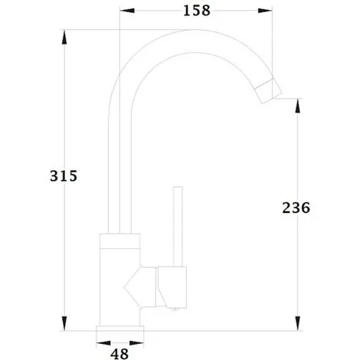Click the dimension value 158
click(x=197, y=11)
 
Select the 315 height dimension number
click(x=64, y=176)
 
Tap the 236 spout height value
click(x=296, y=208)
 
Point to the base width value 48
click(x=119, y=354)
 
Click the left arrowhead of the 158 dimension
click(x=127, y=11)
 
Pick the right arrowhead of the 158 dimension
click(x=265, y=11)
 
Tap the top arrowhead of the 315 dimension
click(x=64, y=38)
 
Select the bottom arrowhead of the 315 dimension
click(x=64, y=323)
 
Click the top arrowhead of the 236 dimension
click(x=297, y=106)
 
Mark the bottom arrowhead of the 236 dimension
click(x=297, y=323)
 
